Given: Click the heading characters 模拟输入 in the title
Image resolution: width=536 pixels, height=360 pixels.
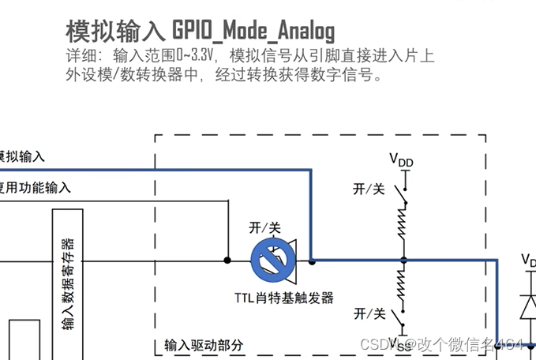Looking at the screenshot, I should point(116,31).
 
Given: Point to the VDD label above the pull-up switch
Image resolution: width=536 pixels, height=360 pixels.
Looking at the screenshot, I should point(401,161).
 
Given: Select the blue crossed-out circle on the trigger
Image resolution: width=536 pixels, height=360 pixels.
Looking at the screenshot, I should point(268,260).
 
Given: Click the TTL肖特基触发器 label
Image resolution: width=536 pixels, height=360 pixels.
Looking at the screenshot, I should point(284,298).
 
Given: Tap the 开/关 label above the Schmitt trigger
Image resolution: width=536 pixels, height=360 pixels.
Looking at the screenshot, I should point(265,227).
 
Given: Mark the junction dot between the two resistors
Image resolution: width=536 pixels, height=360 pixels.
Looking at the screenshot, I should point(403,260).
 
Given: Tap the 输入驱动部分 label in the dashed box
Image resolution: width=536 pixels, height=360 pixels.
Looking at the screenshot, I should point(204,346).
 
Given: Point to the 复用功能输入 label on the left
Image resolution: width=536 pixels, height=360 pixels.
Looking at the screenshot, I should point(36,187).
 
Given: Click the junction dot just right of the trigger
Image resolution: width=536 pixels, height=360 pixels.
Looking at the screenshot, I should point(313,260).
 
